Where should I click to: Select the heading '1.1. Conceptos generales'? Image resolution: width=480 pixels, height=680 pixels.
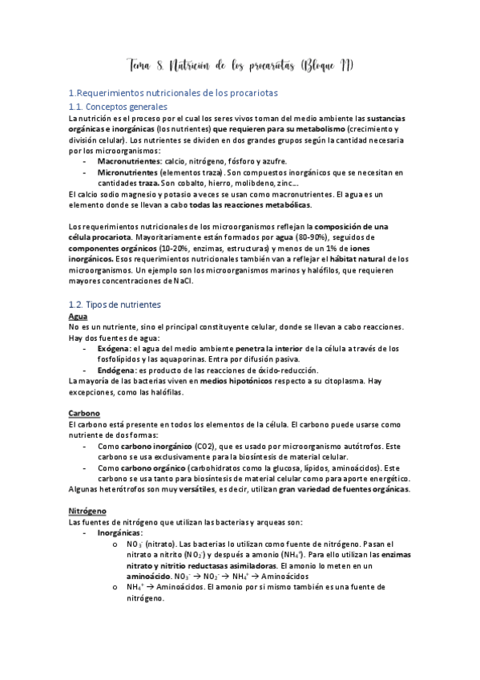point(118,107)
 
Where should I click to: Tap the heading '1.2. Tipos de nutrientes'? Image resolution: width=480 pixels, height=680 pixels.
point(115,305)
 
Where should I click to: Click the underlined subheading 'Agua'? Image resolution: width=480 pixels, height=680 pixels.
point(79,317)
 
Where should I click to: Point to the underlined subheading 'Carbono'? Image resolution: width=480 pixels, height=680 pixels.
point(84,413)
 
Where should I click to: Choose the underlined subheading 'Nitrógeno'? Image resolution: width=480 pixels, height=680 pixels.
point(89,509)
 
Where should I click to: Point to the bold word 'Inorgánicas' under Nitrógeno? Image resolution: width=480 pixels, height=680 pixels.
point(121,532)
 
